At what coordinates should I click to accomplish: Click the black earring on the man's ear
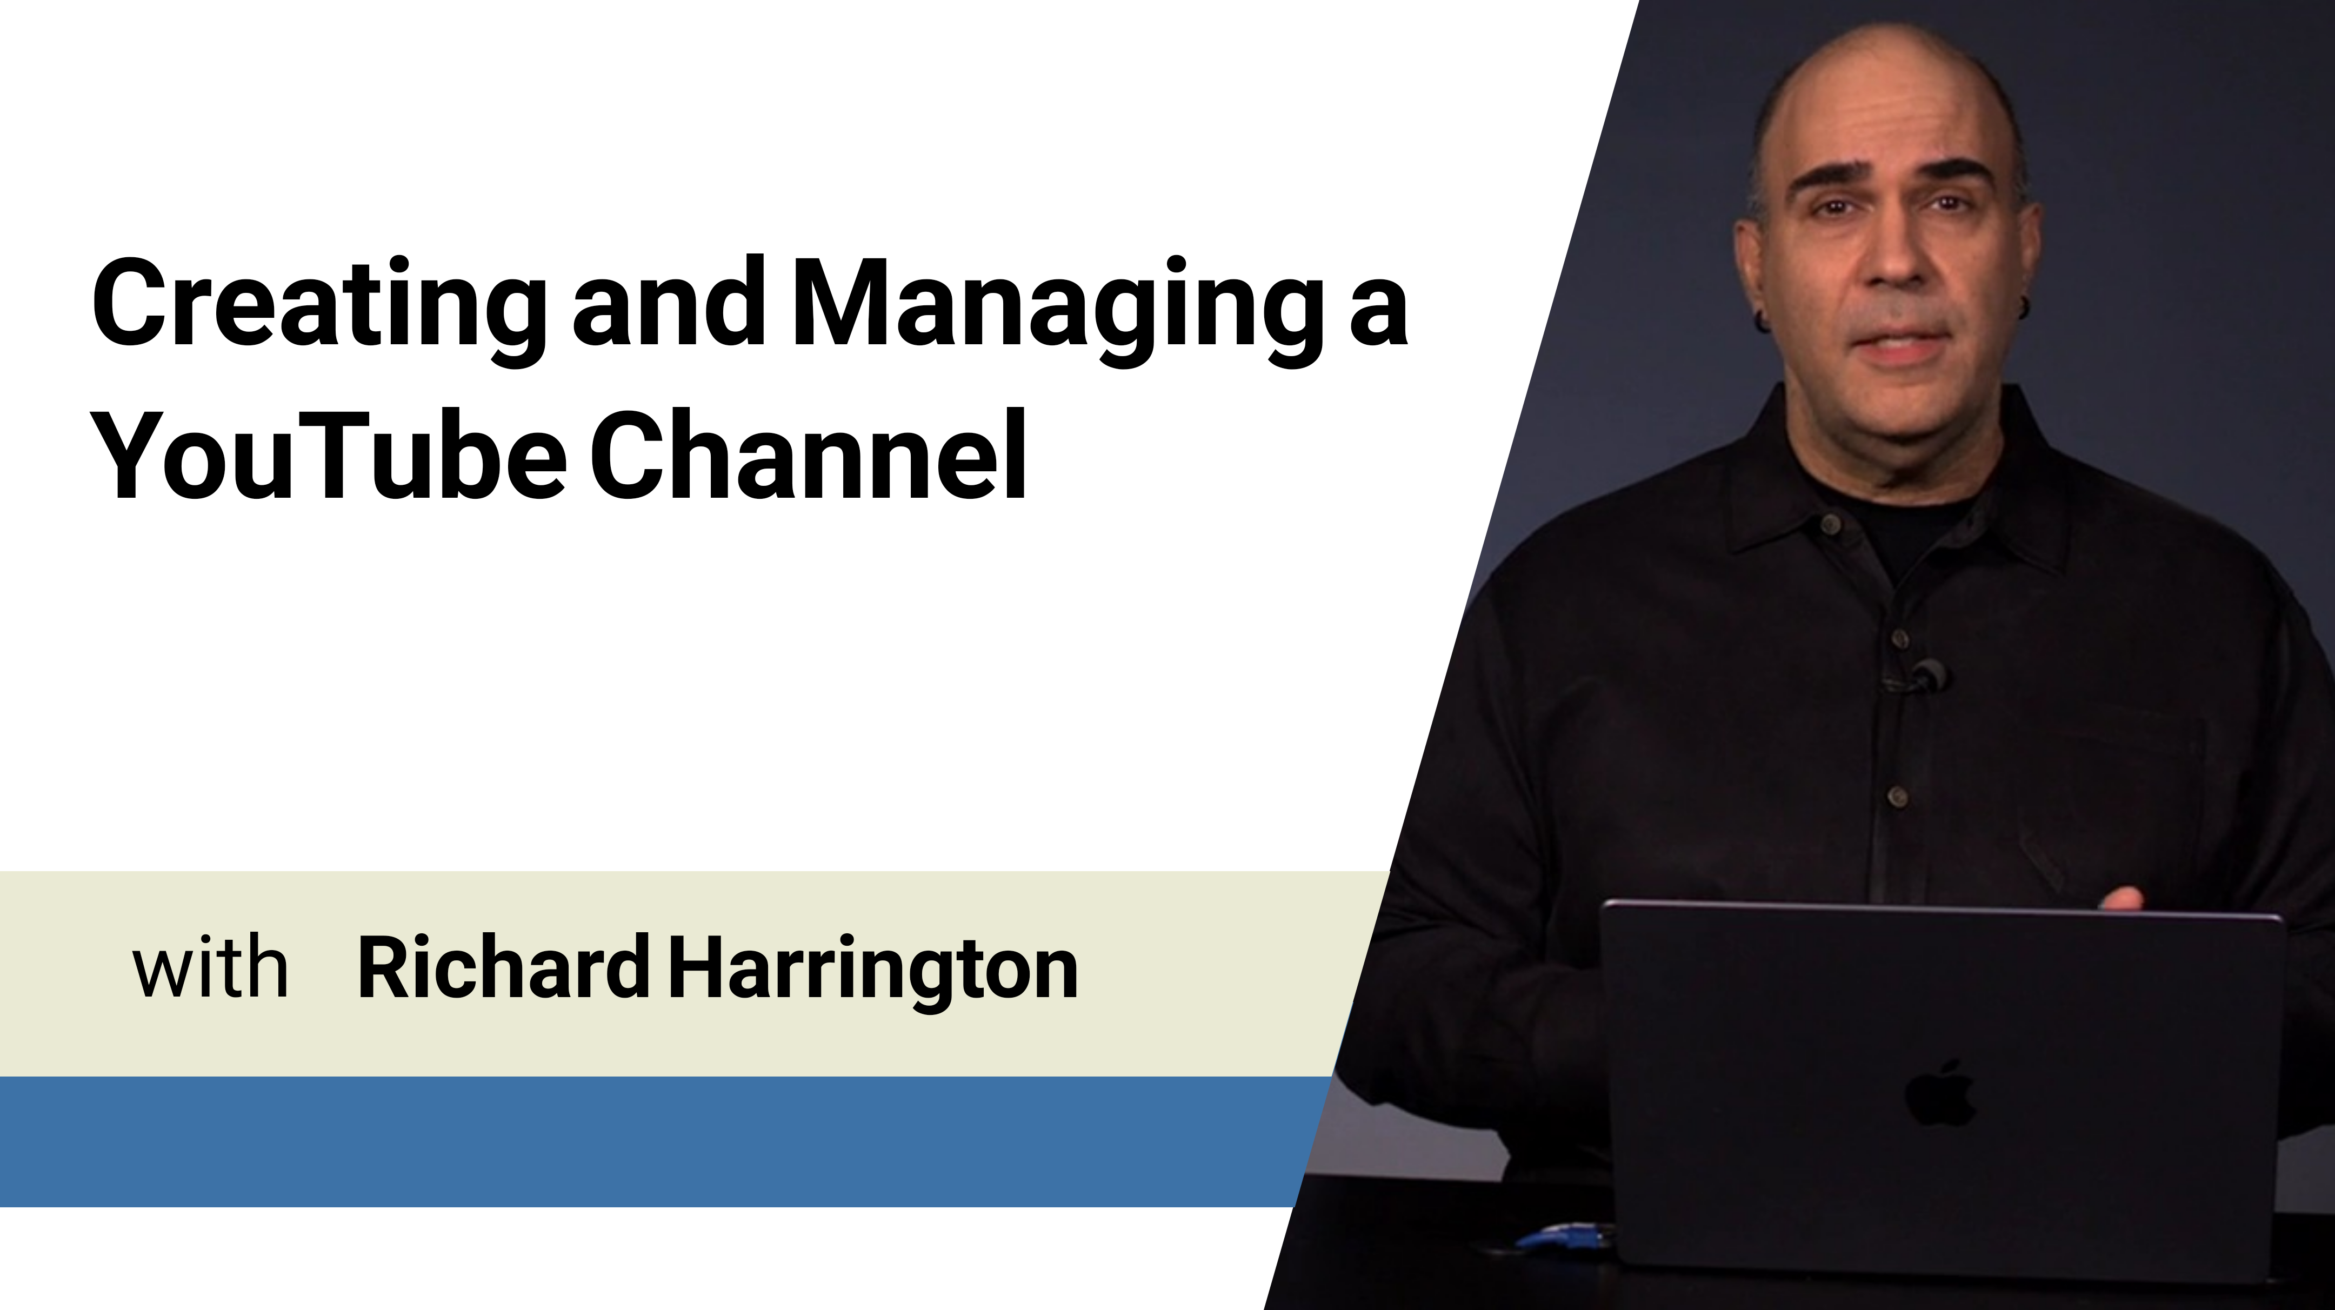click(1763, 320)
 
